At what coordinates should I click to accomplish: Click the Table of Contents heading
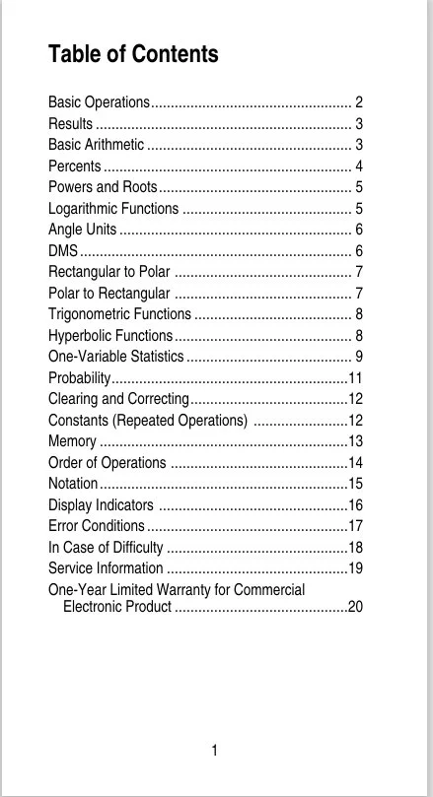pyautogui.click(x=133, y=54)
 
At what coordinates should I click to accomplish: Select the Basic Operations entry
pyautogui.click(x=99, y=102)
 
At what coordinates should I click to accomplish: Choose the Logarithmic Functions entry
pyautogui.click(x=113, y=208)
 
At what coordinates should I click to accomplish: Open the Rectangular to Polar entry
pyautogui.click(x=108, y=272)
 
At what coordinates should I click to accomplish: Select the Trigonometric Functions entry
pyautogui.click(x=119, y=314)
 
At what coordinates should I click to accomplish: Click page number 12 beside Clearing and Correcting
pyautogui.click(x=356, y=399)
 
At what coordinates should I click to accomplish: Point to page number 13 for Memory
pyautogui.click(x=356, y=441)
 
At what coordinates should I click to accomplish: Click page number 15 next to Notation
pyautogui.click(x=356, y=484)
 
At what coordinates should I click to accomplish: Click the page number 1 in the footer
pyautogui.click(x=214, y=752)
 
